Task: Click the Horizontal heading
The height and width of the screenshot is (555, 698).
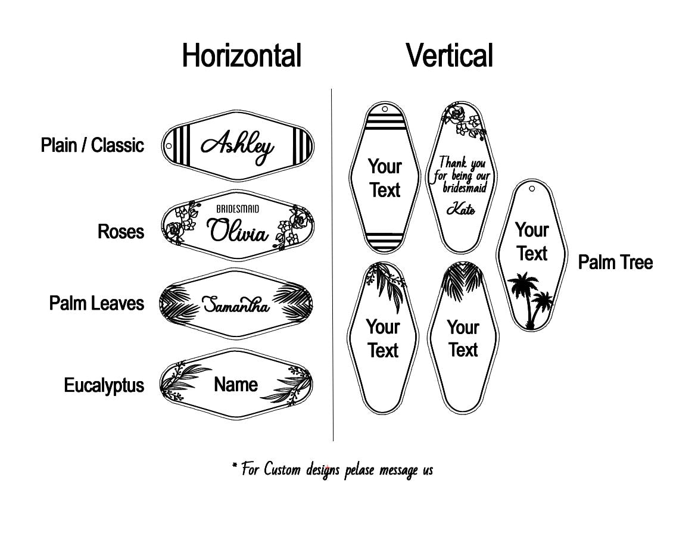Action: [241, 56]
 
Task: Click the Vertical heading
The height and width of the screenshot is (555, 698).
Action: [450, 56]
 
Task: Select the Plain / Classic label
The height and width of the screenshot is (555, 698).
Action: [92, 145]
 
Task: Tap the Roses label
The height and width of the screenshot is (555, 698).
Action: [121, 231]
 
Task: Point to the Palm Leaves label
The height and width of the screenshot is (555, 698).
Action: [96, 303]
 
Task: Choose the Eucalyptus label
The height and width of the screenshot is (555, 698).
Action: [104, 385]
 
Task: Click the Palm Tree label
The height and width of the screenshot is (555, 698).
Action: [615, 262]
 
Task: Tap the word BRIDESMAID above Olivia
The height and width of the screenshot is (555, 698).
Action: [238, 209]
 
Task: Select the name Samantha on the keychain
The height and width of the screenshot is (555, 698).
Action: [236, 305]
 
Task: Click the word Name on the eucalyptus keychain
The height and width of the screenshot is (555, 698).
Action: [236, 385]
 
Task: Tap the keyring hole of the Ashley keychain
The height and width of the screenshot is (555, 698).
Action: [169, 146]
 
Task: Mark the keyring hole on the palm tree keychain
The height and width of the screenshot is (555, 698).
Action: [531, 189]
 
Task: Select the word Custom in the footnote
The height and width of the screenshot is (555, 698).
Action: [283, 469]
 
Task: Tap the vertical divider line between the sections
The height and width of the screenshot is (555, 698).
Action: [332, 268]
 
